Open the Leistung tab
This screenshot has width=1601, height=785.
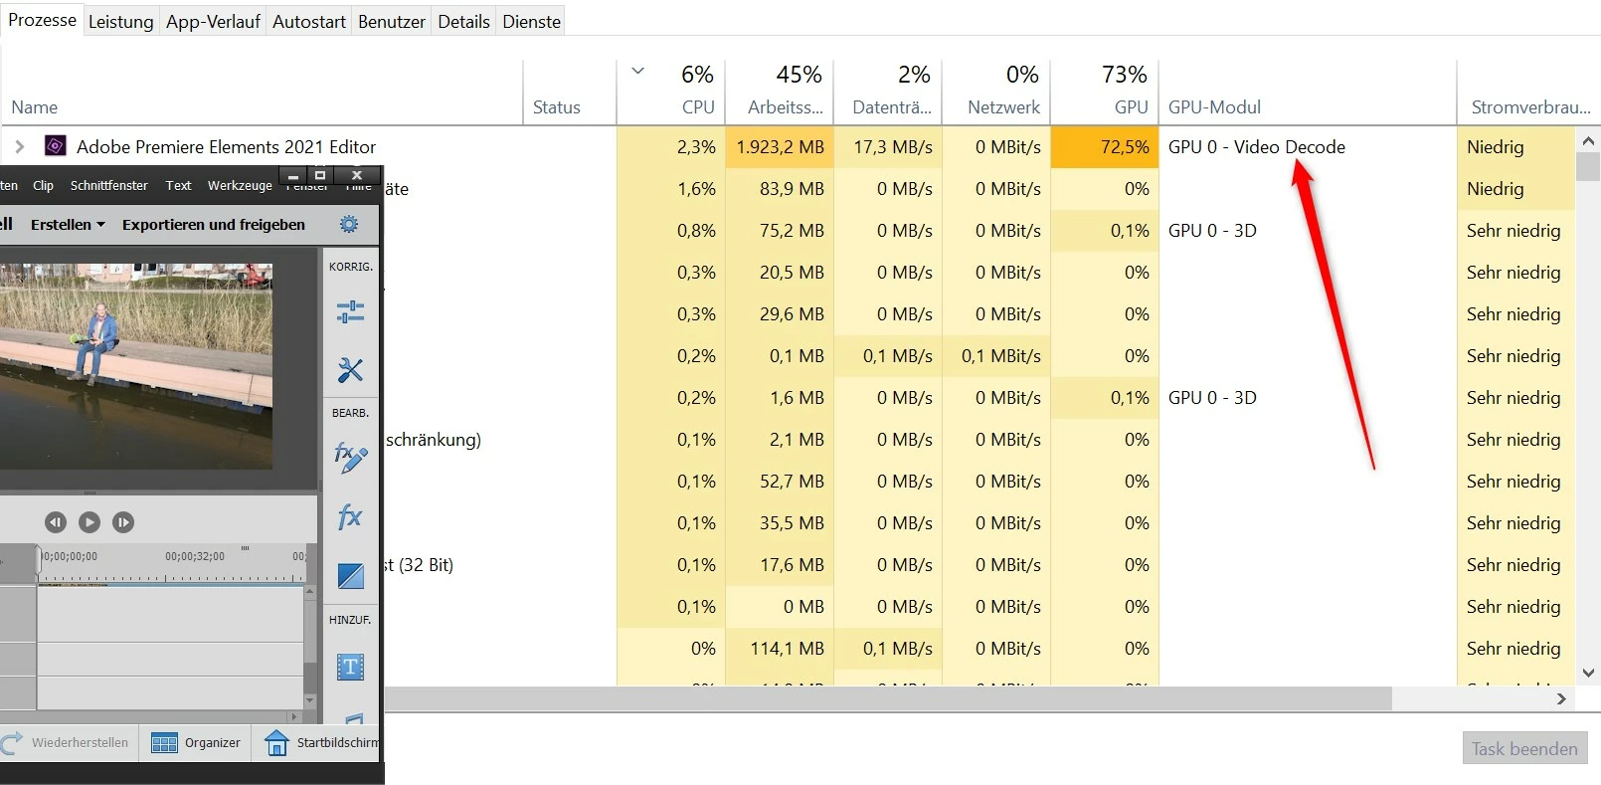pos(120,21)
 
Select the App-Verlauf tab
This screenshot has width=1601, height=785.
pos(213,21)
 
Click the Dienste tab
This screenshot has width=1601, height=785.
pos(531,21)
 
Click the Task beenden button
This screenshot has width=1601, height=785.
pos(1524,748)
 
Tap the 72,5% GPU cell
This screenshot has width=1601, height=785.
pos(1124,147)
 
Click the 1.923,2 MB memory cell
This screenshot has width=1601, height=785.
pos(780,147)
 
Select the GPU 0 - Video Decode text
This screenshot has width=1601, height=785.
pos(1256,147)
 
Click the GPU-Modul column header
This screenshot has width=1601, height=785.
pos(1214,107)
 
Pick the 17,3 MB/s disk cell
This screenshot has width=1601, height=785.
pos(892,147)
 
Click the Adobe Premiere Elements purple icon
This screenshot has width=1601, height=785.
pos(56,146)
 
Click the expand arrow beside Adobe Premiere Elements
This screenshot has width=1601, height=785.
pos(19,146)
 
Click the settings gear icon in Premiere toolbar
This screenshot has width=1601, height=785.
pos(349,224)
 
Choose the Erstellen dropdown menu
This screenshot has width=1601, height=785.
pos(68,225)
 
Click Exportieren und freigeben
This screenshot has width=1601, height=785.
pos(213,225)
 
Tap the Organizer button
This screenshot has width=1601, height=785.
pos(197,742)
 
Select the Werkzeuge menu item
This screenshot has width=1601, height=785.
pos(239,185)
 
